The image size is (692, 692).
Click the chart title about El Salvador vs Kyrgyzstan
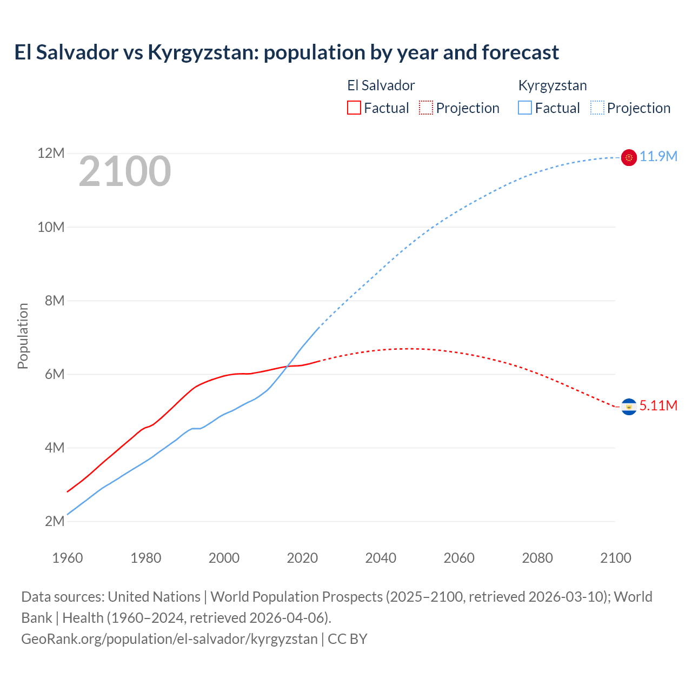click(x=287, y=52)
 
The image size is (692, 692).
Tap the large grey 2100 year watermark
click(x=125, y=171)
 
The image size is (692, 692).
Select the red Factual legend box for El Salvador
click(x=354, y=108)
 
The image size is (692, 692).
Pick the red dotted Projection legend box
click(x=426, y=108)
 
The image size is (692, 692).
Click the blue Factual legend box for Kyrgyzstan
click(x=525, y=108)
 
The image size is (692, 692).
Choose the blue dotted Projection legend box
click(x=597, y=108)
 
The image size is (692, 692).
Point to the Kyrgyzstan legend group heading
click(x=552, y=85)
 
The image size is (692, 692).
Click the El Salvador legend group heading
click(x=381, y=85)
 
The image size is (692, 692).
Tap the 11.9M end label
click(x=658, y=157)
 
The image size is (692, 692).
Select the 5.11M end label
click(x=658, y=406)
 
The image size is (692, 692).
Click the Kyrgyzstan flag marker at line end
click(x=629, y=157)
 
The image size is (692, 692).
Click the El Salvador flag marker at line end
click(x=629, y=407)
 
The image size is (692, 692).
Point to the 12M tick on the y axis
click(x=51, y=154)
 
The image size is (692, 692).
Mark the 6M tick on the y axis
click(x=55, y=374)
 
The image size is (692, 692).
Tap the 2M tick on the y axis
click(x=55, y=521)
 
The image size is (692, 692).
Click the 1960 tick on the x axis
click(x=68, y=558)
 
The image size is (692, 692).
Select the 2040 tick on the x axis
click(x=381, y=558)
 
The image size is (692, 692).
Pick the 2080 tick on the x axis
click(x=537, y=558)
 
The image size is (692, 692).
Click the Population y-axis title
click(x=23, y=336)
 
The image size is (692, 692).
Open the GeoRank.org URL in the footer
click(x=169, y=639)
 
